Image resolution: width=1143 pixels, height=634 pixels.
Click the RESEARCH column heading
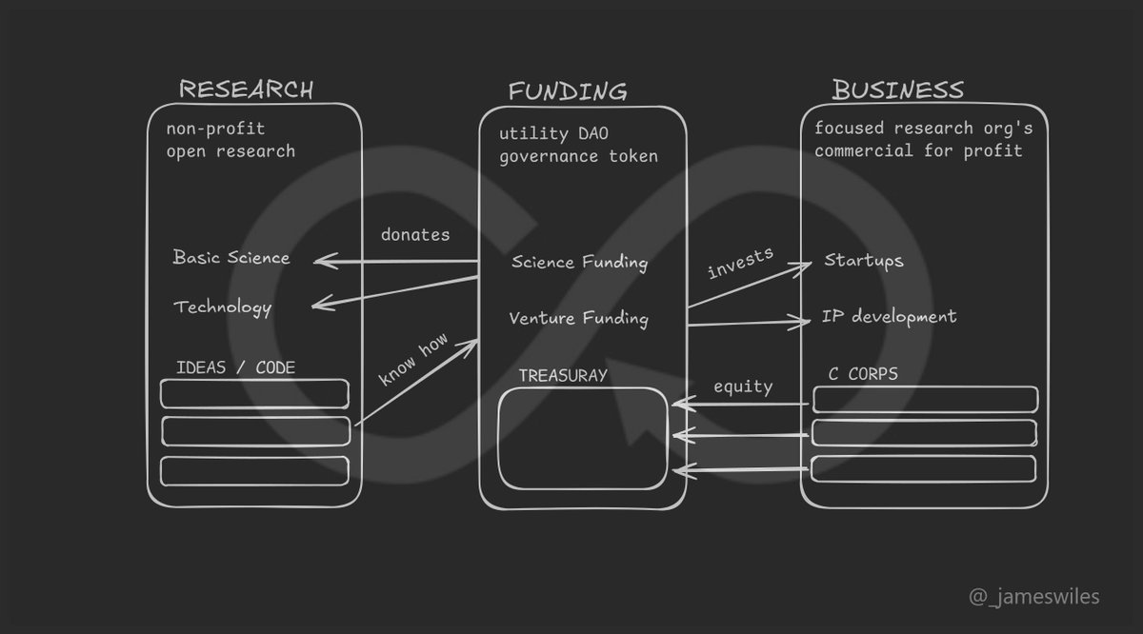[x=246, y=90]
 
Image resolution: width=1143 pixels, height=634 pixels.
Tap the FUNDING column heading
[x=568, y=92]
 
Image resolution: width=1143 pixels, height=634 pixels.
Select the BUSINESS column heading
[x=897, y=90]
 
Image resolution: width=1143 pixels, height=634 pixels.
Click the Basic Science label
[x=231, y=258]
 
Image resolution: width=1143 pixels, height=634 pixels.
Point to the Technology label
[x=223, y=307]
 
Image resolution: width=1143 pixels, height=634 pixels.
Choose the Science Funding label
[x=579, y=262]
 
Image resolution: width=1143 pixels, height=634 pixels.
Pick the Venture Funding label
[x=578, y=318]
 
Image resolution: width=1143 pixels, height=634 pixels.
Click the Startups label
[x=863, y=260]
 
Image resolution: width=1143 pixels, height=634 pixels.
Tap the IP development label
[x=889, y=316]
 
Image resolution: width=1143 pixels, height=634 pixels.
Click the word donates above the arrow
[x=415, y=234]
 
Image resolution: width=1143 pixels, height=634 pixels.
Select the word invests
[x=741, y=263]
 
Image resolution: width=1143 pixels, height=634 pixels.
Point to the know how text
[x=412, y=360]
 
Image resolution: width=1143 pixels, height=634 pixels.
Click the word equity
[x=743, y=386]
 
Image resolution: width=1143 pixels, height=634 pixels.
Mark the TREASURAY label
[x=563, y=375]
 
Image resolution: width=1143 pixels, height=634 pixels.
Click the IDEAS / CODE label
[x=235, y=367]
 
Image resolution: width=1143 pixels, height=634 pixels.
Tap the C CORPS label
[x=862, y=373]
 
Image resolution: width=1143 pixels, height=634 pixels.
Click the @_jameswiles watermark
[x=1033, y=597]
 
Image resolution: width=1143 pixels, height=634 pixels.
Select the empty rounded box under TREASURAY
[x=582, y=438]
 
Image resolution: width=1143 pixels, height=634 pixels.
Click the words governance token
[x=578, y=156]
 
